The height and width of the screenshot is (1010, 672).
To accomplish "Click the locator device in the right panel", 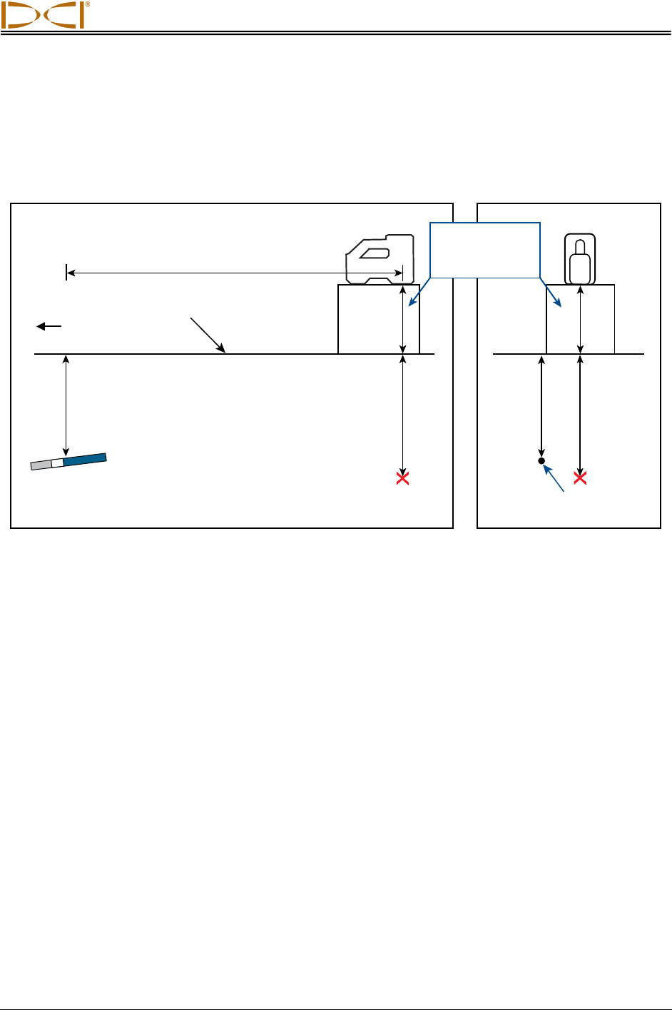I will pos(580,258).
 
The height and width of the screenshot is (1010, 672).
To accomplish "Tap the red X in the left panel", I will pos(403,478).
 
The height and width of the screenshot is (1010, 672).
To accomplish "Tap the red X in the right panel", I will pos(581,478).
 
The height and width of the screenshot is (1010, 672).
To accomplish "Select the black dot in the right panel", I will pos(541,461).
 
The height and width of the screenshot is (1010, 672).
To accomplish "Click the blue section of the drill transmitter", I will pos(84,459).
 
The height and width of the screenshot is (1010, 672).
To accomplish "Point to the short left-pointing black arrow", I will pos(49,326).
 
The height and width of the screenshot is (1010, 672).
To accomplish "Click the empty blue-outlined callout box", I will pos(485,249).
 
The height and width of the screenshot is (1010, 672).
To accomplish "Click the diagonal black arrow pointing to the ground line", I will pos(208,335).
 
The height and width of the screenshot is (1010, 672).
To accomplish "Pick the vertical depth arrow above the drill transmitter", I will pos(66,404).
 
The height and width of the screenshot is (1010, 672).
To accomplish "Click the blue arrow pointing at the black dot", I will pos(556,478).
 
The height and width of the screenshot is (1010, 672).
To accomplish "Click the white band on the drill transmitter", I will pos(57,463).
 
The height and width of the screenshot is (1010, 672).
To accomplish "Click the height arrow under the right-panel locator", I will pos(581,319).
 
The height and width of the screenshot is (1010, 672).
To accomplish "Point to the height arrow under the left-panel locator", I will pos(403,319).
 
